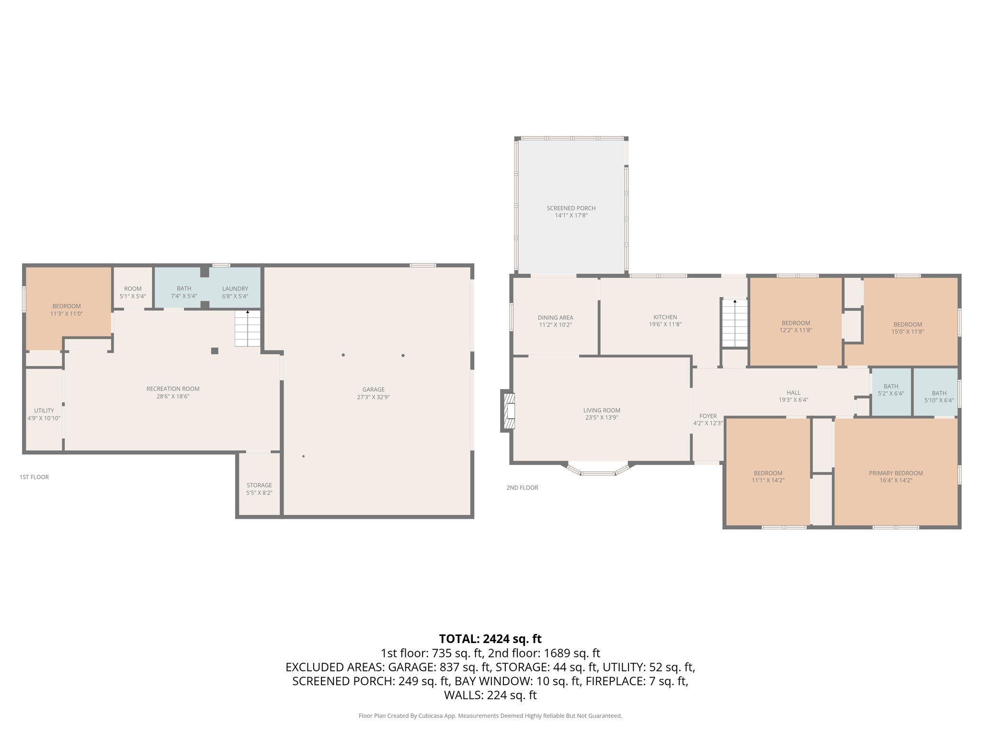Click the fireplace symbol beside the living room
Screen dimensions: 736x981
pos(509,411)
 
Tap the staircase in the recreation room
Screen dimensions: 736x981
pos(248,329)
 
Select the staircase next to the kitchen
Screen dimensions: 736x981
pos(735,323)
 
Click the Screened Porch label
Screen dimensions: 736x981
pos(571,208)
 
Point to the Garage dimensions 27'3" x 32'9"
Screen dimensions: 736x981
pos(373,397)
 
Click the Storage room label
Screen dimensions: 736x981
pos(259,485)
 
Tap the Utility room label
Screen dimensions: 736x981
pos(44,411)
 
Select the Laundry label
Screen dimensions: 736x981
pos(235,288)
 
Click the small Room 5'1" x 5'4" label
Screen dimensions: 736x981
pos(133,288)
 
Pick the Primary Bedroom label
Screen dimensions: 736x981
pos(896,473)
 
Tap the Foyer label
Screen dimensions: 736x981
pos(708,416)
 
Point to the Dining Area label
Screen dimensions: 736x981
pos(555,317)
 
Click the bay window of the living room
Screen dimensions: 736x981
pos(598,471)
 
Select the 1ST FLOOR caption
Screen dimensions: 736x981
pos(34,477)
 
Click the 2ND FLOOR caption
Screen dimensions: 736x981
pos(522,487)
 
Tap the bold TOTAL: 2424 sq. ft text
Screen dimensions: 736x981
pos(490,639)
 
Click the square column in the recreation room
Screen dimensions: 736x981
pos(215,351)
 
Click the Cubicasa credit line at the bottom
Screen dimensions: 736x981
pos(490,716)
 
